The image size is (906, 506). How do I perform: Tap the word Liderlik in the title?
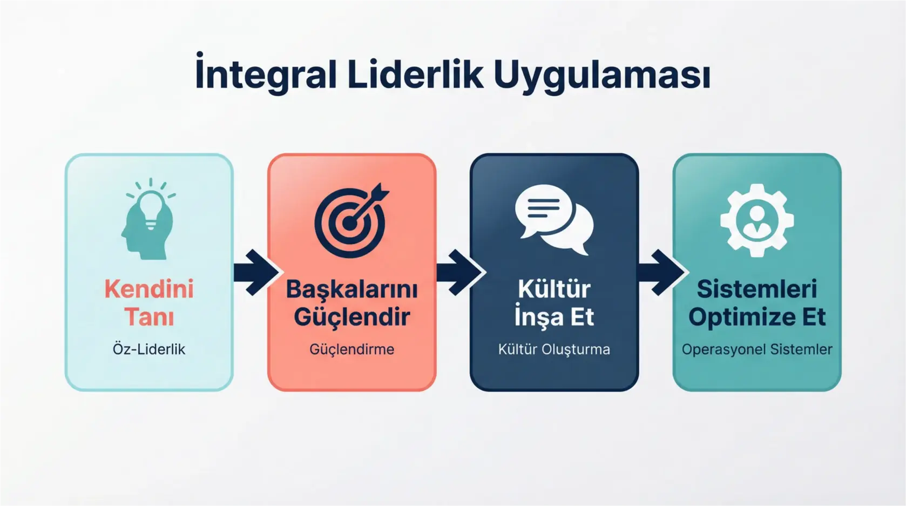(415, 75)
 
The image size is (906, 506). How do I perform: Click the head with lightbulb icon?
(148, 219)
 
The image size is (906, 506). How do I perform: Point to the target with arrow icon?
(351, 220)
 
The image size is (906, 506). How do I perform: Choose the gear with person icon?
(757, 220)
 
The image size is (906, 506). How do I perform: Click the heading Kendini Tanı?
(149, 302)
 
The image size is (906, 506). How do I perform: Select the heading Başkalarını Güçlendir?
(351, 302)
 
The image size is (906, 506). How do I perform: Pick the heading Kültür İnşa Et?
(554, 302)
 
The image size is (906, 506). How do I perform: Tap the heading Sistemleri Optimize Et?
(757, 302)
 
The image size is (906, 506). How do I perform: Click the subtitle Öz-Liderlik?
(149, 349)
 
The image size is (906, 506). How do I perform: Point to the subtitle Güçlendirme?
(351, 349)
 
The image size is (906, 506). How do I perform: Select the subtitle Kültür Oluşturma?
(554, 349)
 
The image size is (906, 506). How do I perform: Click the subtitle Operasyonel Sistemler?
(757, 349)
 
